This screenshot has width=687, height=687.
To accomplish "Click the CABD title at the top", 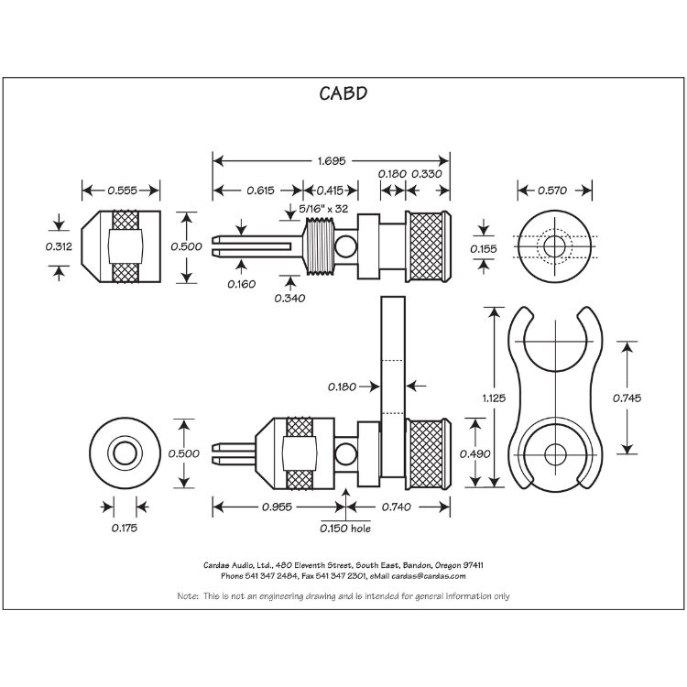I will (343, 93).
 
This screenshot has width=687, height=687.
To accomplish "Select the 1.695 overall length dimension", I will (331, 160).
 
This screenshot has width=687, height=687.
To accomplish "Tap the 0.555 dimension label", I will (122, 191).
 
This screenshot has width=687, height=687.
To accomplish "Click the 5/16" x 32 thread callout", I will (323, 209).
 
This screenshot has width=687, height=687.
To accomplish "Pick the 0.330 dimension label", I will (428, 174).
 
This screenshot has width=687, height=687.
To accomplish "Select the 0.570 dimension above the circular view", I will (553, 191).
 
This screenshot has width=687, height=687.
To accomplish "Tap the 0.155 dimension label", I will (485, 248).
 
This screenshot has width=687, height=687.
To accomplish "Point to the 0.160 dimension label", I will (242, 283).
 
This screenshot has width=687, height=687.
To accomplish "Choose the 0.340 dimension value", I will (290, 298).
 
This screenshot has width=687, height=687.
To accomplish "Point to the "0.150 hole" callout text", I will (345, 528).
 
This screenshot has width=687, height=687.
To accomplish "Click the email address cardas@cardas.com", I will (429, 576).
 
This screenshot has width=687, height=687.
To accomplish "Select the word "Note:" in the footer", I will (189, 596).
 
